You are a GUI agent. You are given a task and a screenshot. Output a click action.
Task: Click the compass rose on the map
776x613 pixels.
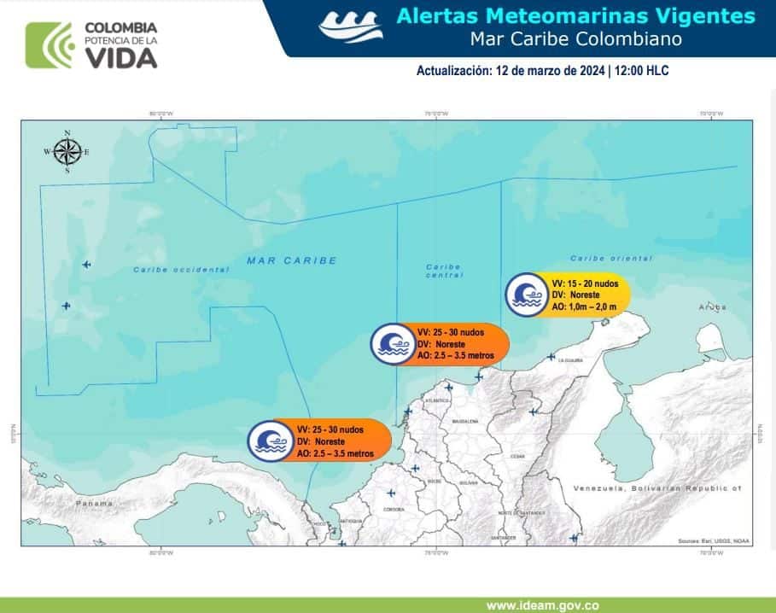67,152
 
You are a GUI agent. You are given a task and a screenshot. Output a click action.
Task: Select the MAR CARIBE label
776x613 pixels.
292,260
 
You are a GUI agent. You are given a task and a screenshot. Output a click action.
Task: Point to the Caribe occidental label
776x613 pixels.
181,270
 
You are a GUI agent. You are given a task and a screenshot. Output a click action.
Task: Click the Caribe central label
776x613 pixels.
444,271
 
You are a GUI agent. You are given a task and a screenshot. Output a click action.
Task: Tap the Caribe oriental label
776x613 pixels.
611,258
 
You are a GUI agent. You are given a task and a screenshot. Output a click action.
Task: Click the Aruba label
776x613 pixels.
711,306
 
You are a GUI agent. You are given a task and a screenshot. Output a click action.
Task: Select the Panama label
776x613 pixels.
93,504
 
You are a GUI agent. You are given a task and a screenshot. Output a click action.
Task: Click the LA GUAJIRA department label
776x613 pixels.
570,361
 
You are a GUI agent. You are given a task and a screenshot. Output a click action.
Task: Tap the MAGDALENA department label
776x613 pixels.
465,422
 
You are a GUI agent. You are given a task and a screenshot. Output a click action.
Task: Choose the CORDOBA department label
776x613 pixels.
394,509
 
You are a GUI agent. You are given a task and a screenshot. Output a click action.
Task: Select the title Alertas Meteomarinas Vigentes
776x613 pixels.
576,16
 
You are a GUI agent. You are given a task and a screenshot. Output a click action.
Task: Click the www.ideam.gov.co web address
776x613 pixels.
542,605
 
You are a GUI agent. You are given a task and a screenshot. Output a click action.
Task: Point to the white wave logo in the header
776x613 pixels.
351,26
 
